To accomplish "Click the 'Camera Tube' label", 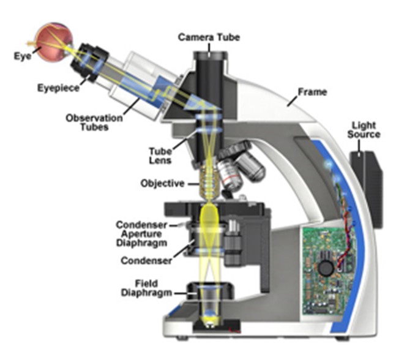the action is point(209,37).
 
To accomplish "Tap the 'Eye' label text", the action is point(23,56).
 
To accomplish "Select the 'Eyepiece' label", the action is point(59,88).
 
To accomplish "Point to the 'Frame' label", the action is point(312,92).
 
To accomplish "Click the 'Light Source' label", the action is point(364,130).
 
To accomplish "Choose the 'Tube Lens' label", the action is point(160,156).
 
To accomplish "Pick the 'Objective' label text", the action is point(163,184).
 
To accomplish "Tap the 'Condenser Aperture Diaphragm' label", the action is point(141,234).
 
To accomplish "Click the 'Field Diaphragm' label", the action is point(146,288).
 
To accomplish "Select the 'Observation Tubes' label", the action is point(94,122).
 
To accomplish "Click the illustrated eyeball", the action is point(54,42).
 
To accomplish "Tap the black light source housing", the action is point(367,189).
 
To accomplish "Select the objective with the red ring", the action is point(230,176).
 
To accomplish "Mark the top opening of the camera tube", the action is point(210,55).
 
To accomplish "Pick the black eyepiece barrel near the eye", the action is point(89,62).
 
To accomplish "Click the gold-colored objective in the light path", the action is point(209,182).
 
